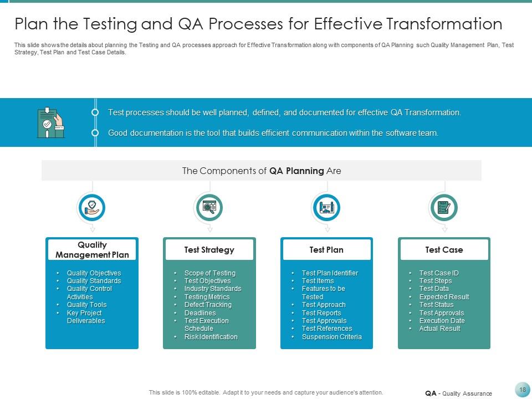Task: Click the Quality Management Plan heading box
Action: [x=92, y=250]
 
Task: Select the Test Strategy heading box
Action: [x=209, y=250]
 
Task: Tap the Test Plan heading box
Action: [x=326, y=250]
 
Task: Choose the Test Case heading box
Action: [x=444, y=250]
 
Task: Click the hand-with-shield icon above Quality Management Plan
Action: [x=92, y=208]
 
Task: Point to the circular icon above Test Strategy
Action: [x=209, y=208]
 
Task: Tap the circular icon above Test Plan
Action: [x=326, y=208]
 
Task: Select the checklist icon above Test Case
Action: [x=444, y=208]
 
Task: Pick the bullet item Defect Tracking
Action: [x=208, y=305]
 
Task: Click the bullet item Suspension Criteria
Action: [x=331, y=337]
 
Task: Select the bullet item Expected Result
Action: [x=444, y=297]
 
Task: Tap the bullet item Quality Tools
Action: [x=86, y=305]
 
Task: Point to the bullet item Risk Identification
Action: [x=211, y=337]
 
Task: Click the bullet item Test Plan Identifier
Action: [x=330, y=273]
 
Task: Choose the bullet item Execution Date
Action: [x=442, y=321]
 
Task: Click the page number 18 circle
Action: [x=522, y=390]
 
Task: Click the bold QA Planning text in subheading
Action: [x=296, y=171]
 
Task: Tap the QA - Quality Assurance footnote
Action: [x=458, y=393]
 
